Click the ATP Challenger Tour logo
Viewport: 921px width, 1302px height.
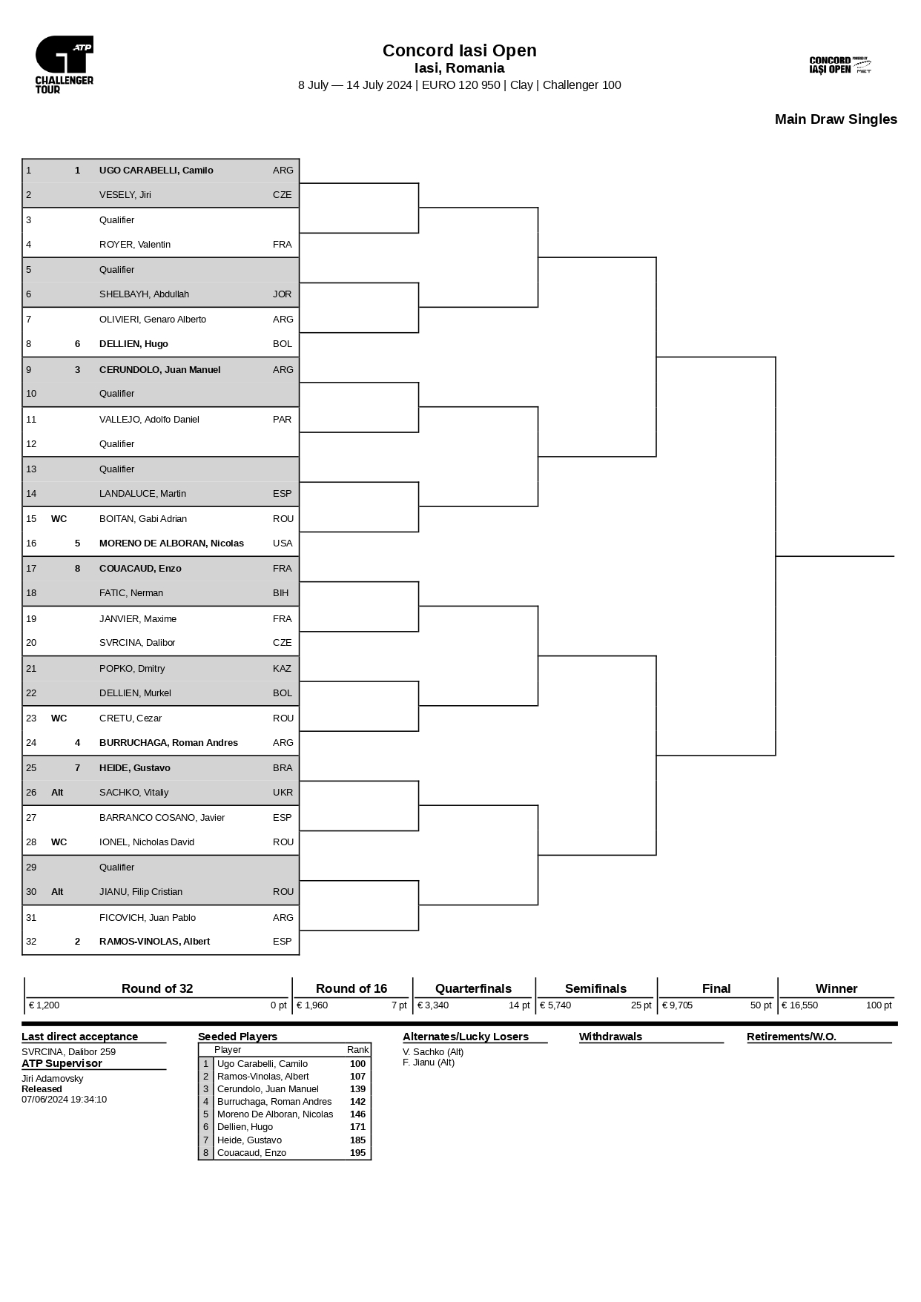click(65, 65)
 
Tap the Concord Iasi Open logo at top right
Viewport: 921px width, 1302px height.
click(839, 65)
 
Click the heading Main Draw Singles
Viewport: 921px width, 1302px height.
click(835, 119)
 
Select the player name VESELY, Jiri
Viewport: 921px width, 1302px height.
click(125, 195)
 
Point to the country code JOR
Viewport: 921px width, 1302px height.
click(282, 294)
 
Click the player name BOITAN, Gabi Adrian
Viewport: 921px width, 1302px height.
click(142, 519)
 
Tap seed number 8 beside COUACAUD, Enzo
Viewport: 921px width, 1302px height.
click(77, 569)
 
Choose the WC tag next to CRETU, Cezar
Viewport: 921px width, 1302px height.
click(59, 718)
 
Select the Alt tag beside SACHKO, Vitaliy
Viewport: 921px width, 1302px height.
click(57, 793)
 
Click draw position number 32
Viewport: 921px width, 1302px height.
click(31, 942)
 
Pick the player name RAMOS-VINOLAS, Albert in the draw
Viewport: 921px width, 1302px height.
click(154, 942)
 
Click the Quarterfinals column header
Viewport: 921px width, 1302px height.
click(473, 988)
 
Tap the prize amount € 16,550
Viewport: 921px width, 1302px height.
click(799, 1005)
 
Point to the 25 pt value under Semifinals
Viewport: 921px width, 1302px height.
click(641, 1005)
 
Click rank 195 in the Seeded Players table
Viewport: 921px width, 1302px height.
click(357, 1153)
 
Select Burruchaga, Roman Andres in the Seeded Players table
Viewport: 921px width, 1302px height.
click(274, 1102)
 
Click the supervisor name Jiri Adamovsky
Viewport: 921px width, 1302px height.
click(52, 1079)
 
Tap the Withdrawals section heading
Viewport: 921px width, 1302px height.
click(610, 1037)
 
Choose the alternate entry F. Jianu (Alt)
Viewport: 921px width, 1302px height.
click(428, 1063)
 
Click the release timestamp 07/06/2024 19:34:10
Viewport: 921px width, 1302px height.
click(64, 1100)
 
